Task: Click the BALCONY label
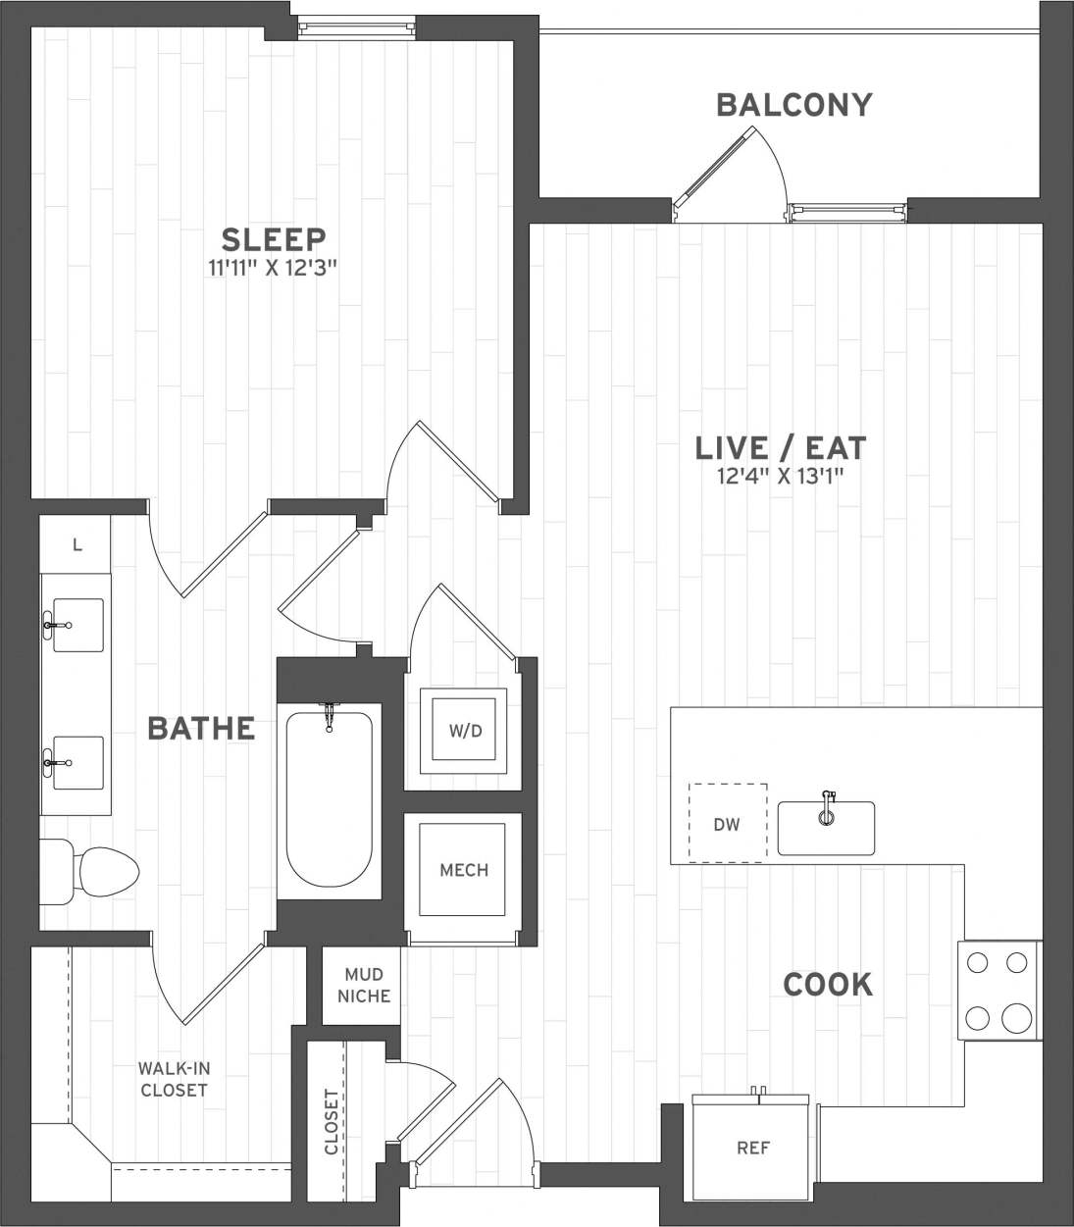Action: tap(793, 105)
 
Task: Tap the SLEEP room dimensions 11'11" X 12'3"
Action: tap(274, 267)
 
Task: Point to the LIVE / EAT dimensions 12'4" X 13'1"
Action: tap(781, 477)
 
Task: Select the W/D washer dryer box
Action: tap(464, 731)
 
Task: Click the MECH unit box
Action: tap(464, 870)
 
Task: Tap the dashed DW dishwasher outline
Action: tap(727, 823)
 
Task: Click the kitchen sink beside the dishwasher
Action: tap(826, 827)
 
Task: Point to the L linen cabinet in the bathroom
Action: tap(77, 545)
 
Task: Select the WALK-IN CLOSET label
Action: tap(174, 1079)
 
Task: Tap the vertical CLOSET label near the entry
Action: tap(332, 1122)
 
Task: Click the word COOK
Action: tap(828, 984)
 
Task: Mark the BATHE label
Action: tap(201, 729)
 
